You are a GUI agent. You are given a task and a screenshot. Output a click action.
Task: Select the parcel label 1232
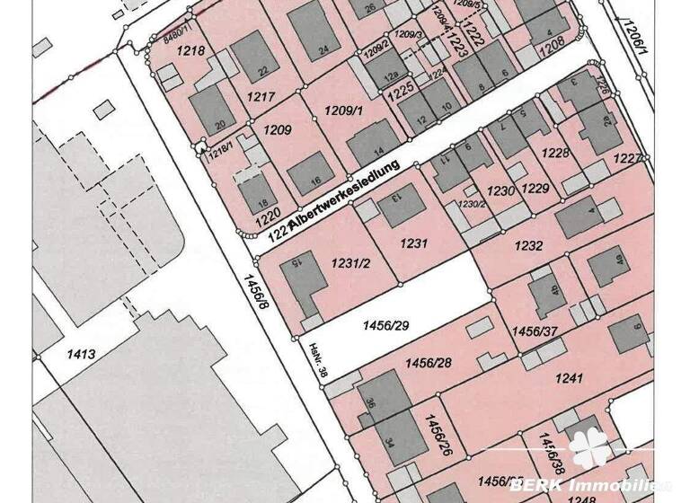528,244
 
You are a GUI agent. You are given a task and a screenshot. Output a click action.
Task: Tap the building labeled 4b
545,293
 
